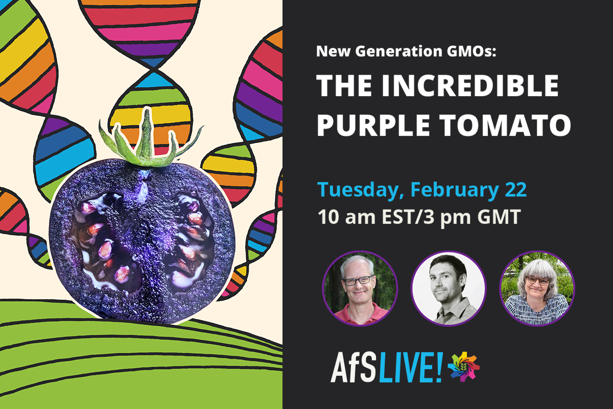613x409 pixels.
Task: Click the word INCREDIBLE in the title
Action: pyautogui.click(x=470, y=85)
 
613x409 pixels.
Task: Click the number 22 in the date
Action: pyautogui.click(x=515, y=190)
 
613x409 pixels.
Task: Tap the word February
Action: pyautogui.click(x=454, y=190)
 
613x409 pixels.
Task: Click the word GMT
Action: pyautogui.click(x=499, y=217)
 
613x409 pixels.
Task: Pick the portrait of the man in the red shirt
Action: pyautogui.click(x=360, y=288)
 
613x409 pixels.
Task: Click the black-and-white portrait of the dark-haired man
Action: pyautogui.click(x=449, y=288)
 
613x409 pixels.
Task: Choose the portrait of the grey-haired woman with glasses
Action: pyautogui.click(x=537, y=288)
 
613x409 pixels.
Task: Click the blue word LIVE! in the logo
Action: pyautogui.click(x=411, y=368)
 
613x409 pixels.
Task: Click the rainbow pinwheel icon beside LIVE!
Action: pyautogui.click(x=464, y=367)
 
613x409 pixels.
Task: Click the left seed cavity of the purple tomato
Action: pyautogui.click(x=105, y=241)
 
